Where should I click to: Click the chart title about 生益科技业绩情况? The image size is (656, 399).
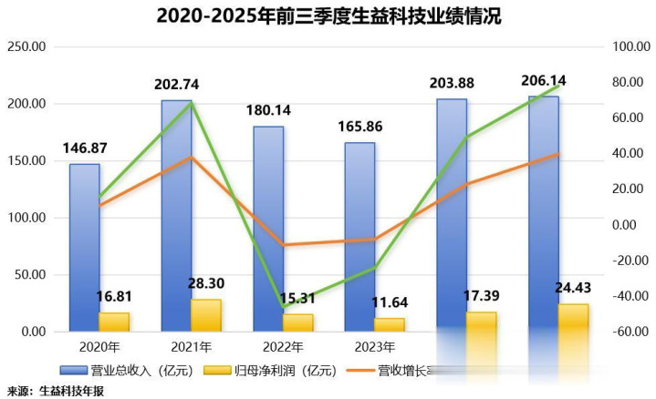pyautogui.click(x=328, y=17)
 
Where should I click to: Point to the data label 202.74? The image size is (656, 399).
pyautogui.click(x=177, y=85)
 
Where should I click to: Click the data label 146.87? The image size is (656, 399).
pyautogui.click(x=86, y=148)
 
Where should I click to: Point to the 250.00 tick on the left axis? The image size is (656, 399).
pyautogui.click(x=26, y=46)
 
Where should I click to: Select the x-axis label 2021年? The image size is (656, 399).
pyautogui.click(x=191, y=347)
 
